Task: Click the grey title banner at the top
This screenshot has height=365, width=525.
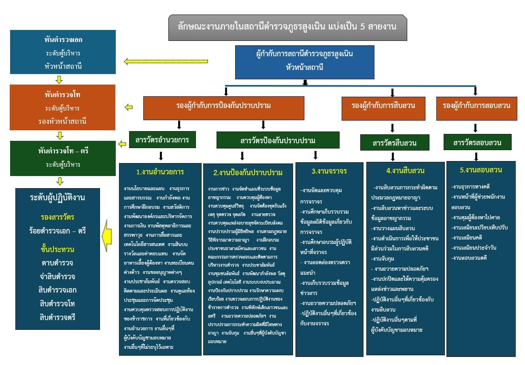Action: tap(287, 28)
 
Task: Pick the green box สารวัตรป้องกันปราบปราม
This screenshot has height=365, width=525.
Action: tap(278, 140)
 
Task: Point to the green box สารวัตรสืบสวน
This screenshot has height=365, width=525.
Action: tap(394, 142)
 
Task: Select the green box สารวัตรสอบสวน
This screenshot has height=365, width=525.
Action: tap(477, 142)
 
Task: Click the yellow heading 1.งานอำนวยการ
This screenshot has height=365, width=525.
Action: tap(160, 172)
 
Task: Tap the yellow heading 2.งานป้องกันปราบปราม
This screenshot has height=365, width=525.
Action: tap(248, 173)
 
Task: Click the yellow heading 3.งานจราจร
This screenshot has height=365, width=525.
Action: tap(329, 171)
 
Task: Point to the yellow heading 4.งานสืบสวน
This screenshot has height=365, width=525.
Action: tap(405, 171)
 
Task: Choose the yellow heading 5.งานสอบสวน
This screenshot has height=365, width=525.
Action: tap(481, 170)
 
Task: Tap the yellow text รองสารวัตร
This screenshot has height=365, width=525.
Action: tap(57, 217)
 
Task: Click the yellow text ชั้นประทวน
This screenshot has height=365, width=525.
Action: tap(57, 249)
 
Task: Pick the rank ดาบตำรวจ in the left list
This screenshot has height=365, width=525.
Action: tap(57, 263)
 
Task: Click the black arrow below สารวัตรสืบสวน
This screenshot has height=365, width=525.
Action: tap(393, 157)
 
